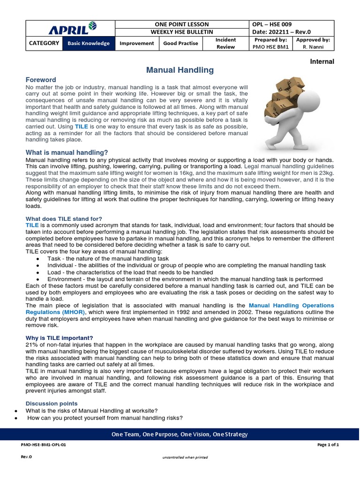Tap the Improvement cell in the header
point(137,44)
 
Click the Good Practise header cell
point(180,44)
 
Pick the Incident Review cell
point(225,44)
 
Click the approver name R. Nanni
point(313,47)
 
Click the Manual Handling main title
point(180,70)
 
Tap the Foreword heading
point(41,80)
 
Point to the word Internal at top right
point(322,62)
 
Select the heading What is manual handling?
point(67,153)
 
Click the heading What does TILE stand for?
point(64,219)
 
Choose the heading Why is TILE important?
point(59,338)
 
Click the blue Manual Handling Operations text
point(291,305)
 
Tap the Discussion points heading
point(52,404)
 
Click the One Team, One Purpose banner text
point(180,435)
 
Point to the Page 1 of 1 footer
point(328,445)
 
